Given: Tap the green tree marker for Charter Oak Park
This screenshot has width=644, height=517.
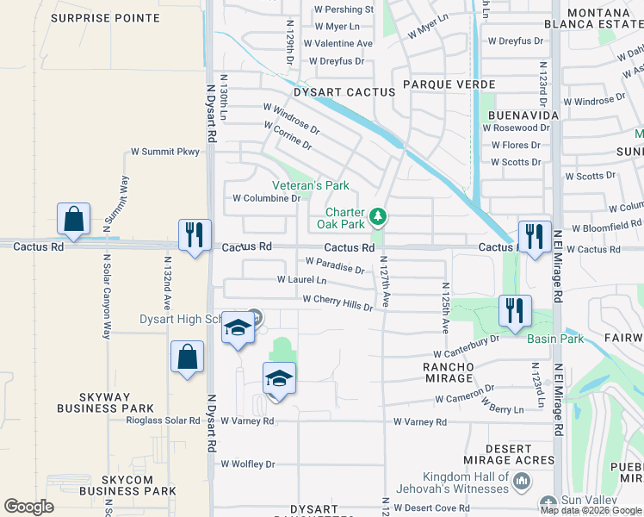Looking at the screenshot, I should tap(377, 215).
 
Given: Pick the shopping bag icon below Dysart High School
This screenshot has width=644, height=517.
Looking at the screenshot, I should tap(187, 358).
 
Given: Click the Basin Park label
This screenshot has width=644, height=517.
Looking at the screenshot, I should tap(556, 339).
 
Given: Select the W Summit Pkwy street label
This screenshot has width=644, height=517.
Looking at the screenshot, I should tap(164, 152).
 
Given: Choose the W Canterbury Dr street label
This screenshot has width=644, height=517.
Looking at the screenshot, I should tap(466, 346).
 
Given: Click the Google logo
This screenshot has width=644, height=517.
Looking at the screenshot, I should tap(28, 507).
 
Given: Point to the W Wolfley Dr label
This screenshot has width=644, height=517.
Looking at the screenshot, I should tap(248, 464).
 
